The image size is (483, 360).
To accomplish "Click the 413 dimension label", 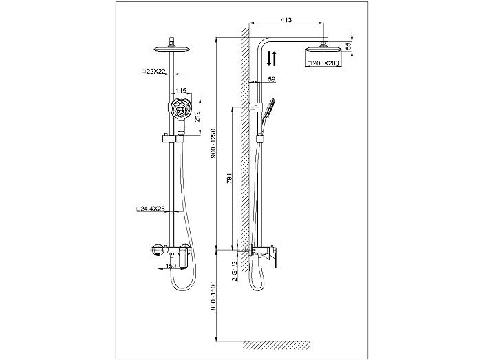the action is click(286, 20).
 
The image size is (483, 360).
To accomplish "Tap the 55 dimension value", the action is click(348, 46).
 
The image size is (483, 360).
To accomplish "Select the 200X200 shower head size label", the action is click(323, 63).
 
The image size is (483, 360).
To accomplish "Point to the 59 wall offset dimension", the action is click(271, 80).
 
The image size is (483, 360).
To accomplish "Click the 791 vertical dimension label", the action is click(230, 178).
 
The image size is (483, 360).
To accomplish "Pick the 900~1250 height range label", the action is click(213, 143).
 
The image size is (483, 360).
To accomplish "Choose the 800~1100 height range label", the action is click(213, 295).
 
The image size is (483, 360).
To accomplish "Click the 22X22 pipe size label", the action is click(153, 71).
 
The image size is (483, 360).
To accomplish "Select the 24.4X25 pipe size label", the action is click(151, 209).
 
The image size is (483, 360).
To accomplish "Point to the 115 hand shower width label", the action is click(181, 90).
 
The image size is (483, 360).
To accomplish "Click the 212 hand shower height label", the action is click(197, 116).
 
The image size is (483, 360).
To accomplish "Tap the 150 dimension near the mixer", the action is click(171, 266).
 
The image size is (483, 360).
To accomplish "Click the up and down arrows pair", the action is click(271, 59).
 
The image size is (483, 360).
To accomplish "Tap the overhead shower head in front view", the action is click(172, 47).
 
